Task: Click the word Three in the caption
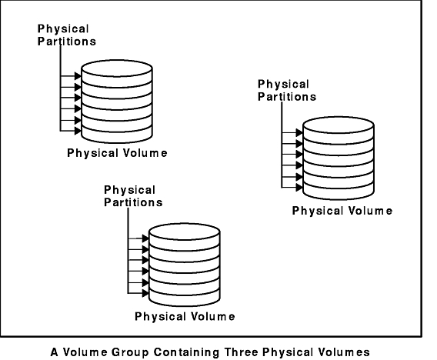(242, 352)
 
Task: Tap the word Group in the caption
(130, 352)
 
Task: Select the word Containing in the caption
(186, 352)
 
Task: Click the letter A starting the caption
(55, 352)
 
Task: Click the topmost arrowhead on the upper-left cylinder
(78, 76)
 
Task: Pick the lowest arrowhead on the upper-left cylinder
(78, 131)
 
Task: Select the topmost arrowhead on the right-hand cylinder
(299, 132)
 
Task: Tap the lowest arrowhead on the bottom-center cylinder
(145, 293)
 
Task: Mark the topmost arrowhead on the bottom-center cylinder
(145, 238)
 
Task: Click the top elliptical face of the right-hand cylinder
(339, 125)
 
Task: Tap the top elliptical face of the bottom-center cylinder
(185, 232)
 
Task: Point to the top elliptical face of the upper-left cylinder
(117, 68)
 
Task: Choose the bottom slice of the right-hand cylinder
(339, 192)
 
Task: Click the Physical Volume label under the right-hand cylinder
(342, 211)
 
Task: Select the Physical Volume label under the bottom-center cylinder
(185, 316)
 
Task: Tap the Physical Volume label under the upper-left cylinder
(117, 153)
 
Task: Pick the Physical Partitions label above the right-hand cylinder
(287, 90)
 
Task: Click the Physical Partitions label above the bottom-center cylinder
(133, 196)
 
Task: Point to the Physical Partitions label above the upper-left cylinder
(67, 35)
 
